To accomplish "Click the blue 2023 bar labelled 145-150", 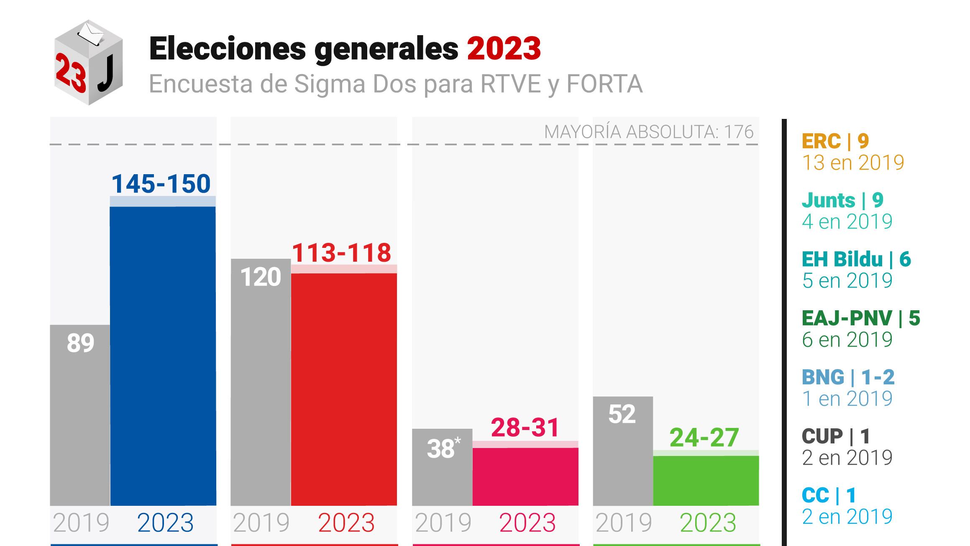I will point(163,356).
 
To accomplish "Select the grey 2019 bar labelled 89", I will point(80,415).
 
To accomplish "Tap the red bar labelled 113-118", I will point(344,389).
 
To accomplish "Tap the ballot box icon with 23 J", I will point(88,63).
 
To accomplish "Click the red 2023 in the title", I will point(504,49).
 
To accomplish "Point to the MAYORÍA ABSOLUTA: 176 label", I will point(649,132).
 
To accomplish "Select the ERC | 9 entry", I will point(835,142).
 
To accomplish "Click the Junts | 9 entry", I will point(842,201).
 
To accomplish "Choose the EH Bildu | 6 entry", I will point(856,260).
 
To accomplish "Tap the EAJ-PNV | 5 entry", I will point(861,319).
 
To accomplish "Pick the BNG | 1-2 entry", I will point(848,378).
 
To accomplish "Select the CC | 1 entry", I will point(829,496).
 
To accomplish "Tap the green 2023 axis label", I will point(708,523).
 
